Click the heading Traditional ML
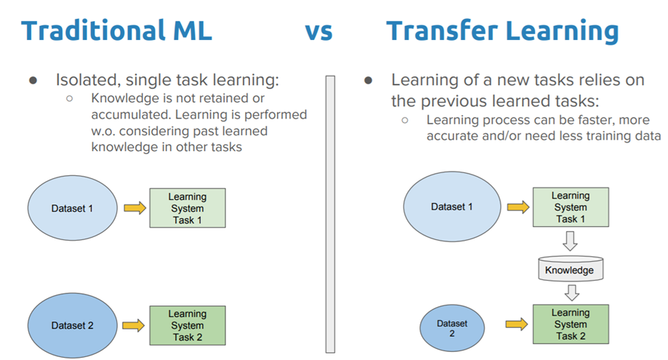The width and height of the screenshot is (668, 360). (x=116, y=31)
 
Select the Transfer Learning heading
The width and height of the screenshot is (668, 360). (x=502, y=31)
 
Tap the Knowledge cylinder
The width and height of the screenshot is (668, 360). (x=570, y=269)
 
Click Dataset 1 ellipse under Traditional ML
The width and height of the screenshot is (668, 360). (x=73, y=209)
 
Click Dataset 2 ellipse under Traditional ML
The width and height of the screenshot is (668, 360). (x=72, y=325)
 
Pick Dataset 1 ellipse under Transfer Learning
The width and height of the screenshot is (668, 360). (x=451, y=207)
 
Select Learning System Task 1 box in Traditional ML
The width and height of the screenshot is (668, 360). (x=187, y=208)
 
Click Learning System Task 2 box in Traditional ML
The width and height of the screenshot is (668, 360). (x=187, y=325)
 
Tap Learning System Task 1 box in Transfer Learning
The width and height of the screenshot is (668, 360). (x=570, y=207)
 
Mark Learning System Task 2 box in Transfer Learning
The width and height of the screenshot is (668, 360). (x=570, y=324)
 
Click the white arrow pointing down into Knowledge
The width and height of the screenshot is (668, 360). (x=571, y=240)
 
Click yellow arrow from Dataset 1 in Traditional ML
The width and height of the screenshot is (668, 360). (x=134, y=209)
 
